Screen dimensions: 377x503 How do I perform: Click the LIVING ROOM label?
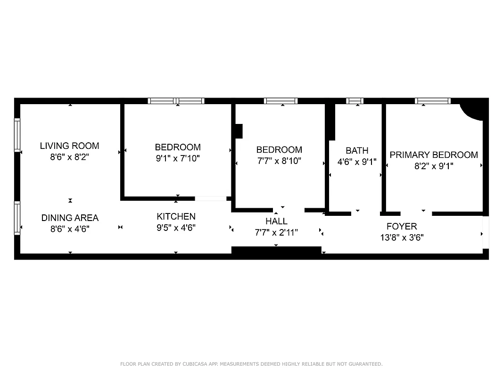69,146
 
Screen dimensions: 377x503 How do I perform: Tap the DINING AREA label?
70,218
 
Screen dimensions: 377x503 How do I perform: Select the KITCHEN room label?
176,216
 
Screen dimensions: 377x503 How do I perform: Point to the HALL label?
276,221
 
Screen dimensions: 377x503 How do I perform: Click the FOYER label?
402,226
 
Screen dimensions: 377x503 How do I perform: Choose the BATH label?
357,151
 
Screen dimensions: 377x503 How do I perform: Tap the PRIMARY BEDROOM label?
434,155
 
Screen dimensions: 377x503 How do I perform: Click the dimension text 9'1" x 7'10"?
178,159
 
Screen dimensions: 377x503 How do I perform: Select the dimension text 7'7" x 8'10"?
279,161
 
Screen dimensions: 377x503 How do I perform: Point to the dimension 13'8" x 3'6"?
402,238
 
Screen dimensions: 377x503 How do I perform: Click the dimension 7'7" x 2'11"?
276,232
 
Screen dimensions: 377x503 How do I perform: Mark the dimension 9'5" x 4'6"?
176,228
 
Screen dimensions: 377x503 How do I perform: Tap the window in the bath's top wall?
355,101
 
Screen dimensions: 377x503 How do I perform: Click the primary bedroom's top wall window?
432,101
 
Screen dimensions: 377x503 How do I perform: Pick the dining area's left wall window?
17,218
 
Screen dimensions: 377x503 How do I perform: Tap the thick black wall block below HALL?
276,252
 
